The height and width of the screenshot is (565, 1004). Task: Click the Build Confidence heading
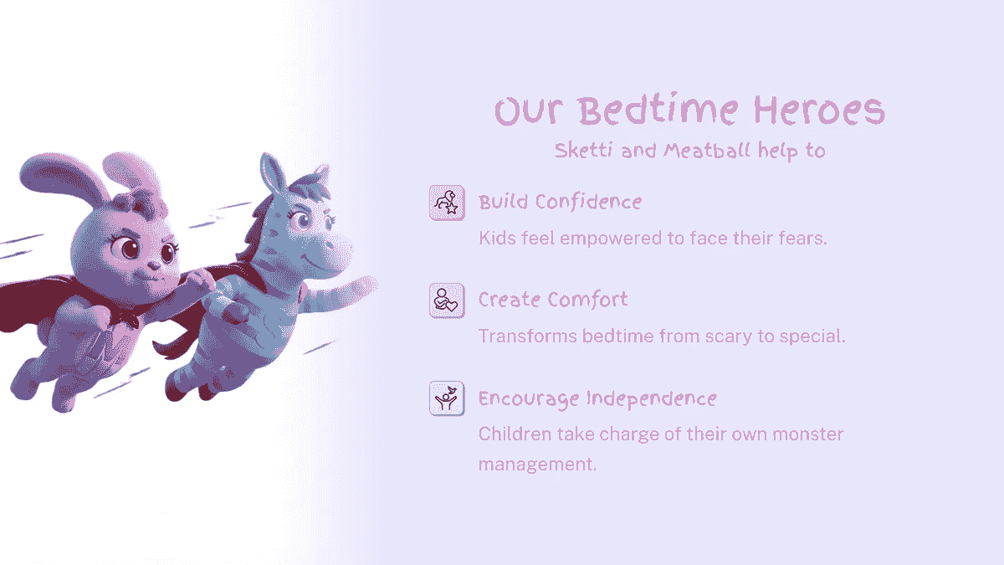[x=560, y=202]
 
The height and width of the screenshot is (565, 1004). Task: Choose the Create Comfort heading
[x=553, y=300]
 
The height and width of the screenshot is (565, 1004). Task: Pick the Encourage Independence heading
[x=597, y=398]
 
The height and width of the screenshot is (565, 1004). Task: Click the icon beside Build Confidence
[x=447, y=203]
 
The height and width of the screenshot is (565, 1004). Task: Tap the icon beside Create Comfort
[x=447, y=300]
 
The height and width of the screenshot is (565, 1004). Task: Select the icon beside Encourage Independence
[x=447, y=398]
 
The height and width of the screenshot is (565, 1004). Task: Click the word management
[x=536, y=464]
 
